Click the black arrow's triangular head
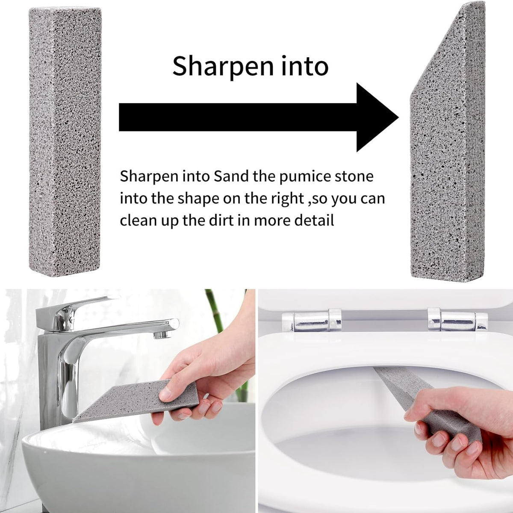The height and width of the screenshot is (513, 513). [x=375, y=118]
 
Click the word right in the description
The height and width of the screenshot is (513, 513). [x=288, y=199]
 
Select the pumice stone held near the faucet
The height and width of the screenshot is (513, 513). [x=136, y=400]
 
